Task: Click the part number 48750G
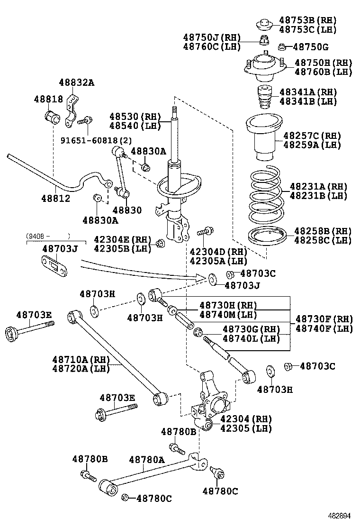(311, 47)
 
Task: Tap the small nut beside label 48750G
(281, 46)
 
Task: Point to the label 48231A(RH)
(318, 186)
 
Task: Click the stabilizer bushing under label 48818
(51, 116)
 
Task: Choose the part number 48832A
(77, 82)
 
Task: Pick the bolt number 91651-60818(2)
(96, 140)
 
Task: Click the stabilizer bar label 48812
(54, 199)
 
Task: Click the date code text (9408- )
(48, 235)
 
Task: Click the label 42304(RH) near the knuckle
(246, 419)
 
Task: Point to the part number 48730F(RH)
(324, 318)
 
